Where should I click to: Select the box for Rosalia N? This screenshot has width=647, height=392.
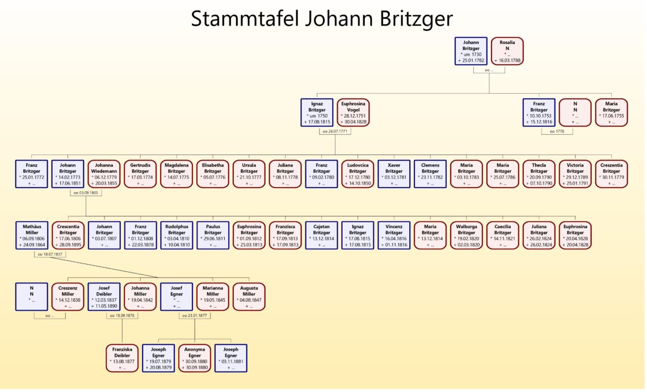(x=507, y=51)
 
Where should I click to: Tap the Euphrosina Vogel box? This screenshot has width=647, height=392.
(x=353, y=112)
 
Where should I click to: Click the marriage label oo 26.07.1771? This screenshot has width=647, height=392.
(x=335, y=131)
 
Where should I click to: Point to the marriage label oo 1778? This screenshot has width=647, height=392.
(x=557, y=131)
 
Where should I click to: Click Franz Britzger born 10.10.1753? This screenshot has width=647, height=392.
(x=539, y=112)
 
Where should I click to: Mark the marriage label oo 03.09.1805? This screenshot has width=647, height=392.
(x=86, y=193)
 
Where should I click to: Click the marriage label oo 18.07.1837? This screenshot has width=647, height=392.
(x=50, y=255)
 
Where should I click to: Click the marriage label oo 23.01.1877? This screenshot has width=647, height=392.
(x=195, y=316)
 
